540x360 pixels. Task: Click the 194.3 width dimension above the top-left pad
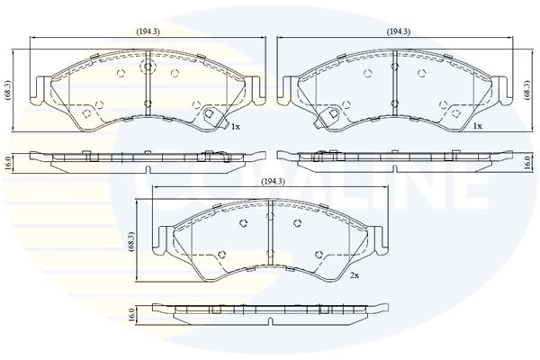tap(148, 31)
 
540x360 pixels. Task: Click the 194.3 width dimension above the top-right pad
tap(399, 31)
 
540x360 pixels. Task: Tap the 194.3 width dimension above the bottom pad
tap(274, 182)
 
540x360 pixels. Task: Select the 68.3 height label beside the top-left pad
tap(8, 90)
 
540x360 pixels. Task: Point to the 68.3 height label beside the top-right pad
tap(526, 90)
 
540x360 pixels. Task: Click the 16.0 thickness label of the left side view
tap(8, 163)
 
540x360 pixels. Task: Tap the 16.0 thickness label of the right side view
tap(526, 163)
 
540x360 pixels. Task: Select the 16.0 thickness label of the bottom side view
tap(132, 315)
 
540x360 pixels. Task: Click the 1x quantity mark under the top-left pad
tap(236, 127)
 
